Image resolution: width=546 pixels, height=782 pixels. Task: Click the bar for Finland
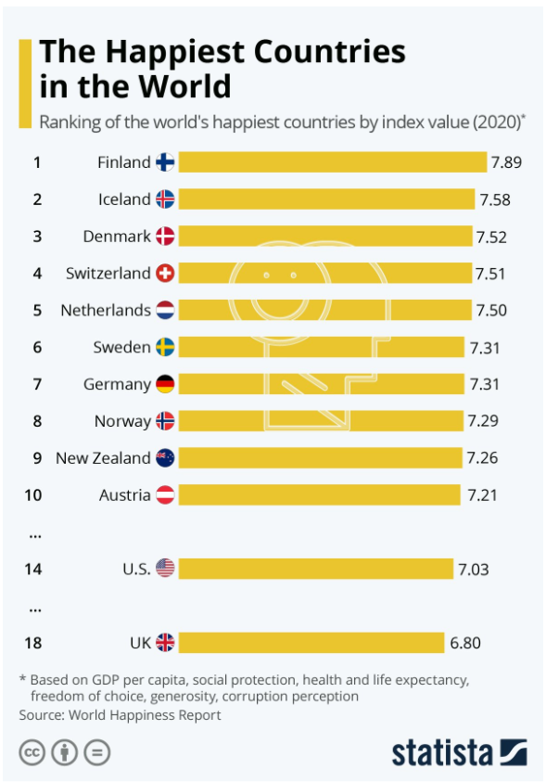tap(332, 162)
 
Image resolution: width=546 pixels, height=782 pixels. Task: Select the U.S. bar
tap(316, 569)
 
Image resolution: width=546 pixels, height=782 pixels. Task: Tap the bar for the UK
tap(311, 642)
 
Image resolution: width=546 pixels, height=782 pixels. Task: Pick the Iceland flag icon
tap(165, 199)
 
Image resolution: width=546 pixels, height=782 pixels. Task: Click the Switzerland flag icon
tap(165, 273)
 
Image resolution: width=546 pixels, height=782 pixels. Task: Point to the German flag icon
tap(165, 384)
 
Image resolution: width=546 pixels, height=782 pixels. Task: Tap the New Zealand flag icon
tap(165, 458)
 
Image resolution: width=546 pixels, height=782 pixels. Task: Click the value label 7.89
tap(506, 162)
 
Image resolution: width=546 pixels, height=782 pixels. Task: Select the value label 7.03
tap(474, 569)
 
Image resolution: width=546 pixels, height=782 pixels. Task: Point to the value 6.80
tap(465, 643)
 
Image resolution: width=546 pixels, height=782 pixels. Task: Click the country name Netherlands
tap(106, 310)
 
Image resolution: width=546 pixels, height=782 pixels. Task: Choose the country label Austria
tap(124, 494)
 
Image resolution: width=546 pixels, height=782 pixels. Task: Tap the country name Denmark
tap(117, 236)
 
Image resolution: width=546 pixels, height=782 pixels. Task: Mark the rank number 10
tap(32, 495)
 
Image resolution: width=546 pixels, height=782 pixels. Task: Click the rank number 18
tap(32, 643)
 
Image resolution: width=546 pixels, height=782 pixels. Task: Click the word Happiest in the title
tap(176, 52)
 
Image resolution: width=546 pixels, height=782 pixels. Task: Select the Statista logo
tap(459, 752)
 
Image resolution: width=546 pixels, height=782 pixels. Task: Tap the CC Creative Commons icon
tap(32, 752)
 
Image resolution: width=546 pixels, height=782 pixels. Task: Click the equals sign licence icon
tap(96, 752)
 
